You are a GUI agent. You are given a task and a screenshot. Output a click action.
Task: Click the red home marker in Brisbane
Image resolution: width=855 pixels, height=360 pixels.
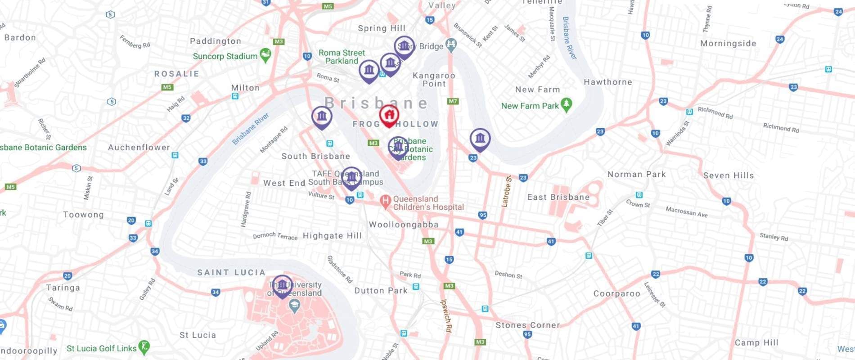[x=389, y=115]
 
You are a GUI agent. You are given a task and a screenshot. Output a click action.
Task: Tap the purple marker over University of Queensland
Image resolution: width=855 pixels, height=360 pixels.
[x=282, y=285]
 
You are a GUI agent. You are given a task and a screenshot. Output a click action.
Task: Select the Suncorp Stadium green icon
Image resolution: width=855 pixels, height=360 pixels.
[x=265, y=55]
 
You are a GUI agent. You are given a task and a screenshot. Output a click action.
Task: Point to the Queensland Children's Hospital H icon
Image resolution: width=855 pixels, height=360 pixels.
[x=385, y=202]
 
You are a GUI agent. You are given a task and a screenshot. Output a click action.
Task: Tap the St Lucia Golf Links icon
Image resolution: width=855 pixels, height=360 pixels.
[x=144, y=347]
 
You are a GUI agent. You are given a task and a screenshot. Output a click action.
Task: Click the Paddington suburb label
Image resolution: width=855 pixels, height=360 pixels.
[x=216, y=41]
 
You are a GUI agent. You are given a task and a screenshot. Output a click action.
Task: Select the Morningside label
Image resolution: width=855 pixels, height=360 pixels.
[x=728, y=44]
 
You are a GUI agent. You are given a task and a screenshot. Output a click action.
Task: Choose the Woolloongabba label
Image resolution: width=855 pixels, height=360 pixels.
[x=404, y=225]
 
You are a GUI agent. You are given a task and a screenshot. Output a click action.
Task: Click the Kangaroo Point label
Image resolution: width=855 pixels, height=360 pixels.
[x=434, y=80]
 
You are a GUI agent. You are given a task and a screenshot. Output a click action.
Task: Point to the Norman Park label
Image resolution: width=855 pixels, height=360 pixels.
[x=636, y=174]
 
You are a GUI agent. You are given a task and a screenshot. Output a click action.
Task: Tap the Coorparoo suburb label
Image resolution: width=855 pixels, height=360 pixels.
[x=616, y=293]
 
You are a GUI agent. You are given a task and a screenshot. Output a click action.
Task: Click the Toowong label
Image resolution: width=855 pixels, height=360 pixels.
[x=83, y=215]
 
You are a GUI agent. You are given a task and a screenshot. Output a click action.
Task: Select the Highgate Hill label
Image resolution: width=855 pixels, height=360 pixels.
[x=332, y=236]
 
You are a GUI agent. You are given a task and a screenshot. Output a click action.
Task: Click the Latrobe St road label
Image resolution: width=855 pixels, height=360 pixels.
[x=506, y=191]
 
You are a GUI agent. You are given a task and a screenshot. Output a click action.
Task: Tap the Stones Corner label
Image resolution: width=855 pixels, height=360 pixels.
[x=527, y=325]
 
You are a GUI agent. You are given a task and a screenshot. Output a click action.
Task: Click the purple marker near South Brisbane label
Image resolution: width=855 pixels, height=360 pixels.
[x=322, y=117]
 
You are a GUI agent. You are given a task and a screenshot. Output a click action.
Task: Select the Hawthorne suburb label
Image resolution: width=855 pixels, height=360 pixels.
[x=607, y=82]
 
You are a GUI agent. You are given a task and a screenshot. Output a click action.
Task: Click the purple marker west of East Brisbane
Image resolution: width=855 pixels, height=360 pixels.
[x=480, y=139]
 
